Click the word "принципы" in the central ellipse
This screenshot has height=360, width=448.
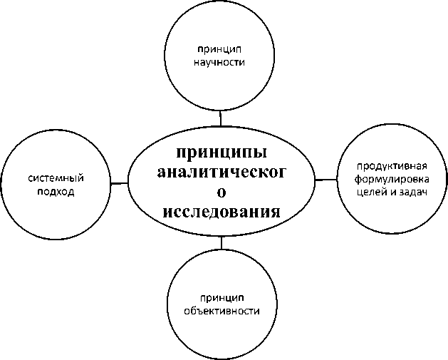(x=222, y=153)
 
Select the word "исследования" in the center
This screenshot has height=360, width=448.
(x=222, y=212)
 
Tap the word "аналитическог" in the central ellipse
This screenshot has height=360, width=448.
(x=222, y=173)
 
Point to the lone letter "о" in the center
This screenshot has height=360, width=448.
(x=222, y=192)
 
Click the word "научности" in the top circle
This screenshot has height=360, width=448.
(x=220, y=61)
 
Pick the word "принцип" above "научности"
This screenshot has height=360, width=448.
(x=220, y=48)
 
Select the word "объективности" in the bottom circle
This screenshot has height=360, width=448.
(x=221, y=311)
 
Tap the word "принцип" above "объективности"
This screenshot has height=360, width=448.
(x=221, y=298)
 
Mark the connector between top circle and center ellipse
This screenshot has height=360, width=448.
(x=221, y=116)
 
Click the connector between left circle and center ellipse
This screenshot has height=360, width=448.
(x=119, y=183)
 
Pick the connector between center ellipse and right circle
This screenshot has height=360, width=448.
(x=325, y=180)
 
